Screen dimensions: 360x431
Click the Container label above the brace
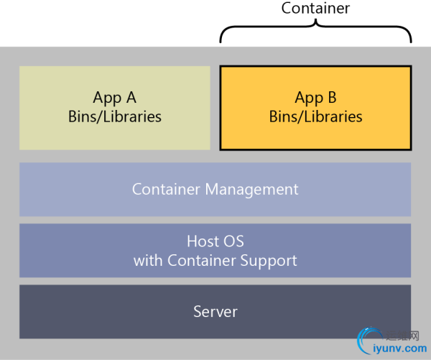(x=315, y=9)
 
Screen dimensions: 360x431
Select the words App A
(x=114, y=98)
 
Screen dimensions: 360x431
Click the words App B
(x=315, y=98)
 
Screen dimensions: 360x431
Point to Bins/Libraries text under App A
(x=114, y=116)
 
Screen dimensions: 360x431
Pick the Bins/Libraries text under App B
(x=315, y=116)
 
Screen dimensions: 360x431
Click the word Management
(x=251, y=190)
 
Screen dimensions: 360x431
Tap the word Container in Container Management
(x=167, y=190)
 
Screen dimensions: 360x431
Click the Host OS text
(x=215, y=241)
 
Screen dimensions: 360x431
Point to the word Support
(x=272, y=260)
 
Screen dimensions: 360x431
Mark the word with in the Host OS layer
(x=149, y=260)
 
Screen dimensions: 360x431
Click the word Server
(x=215, y=312)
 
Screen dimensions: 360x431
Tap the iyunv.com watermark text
(x=401, y=348)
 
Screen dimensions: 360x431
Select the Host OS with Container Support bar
(x=72, y=250)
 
